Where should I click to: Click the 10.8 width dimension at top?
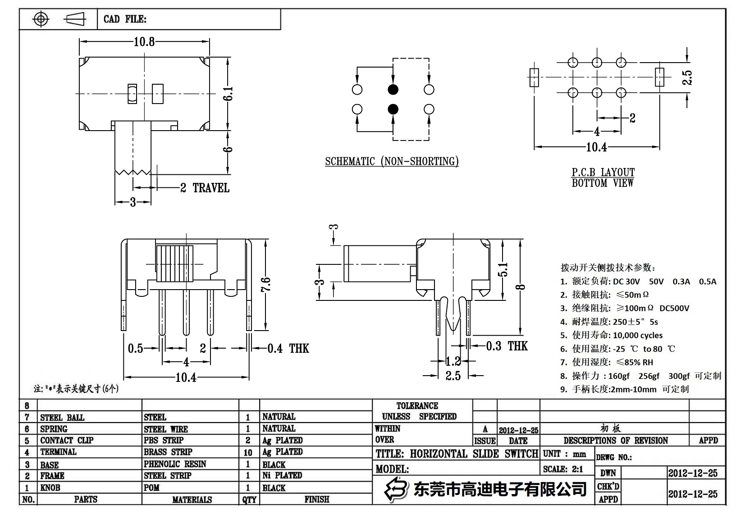point(144,42)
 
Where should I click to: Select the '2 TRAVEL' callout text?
point(205,188)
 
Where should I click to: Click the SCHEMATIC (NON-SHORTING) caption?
point(392,162)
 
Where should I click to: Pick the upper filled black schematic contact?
point(393,90)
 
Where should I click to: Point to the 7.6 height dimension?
point(266,285)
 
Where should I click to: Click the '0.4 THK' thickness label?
point(288,348)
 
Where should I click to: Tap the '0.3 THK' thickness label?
point(507,346)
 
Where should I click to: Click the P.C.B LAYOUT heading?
point(603,173)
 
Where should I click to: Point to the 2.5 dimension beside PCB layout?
point(687,77)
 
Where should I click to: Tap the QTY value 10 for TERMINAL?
point(248,452)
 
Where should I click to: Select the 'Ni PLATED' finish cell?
point(282,475)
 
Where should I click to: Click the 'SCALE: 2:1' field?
point(563,469)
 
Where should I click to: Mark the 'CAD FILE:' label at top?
point(125,19)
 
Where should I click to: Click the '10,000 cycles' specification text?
point(637,336)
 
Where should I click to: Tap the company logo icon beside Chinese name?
point(394,489)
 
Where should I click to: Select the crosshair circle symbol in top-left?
point(41,19)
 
